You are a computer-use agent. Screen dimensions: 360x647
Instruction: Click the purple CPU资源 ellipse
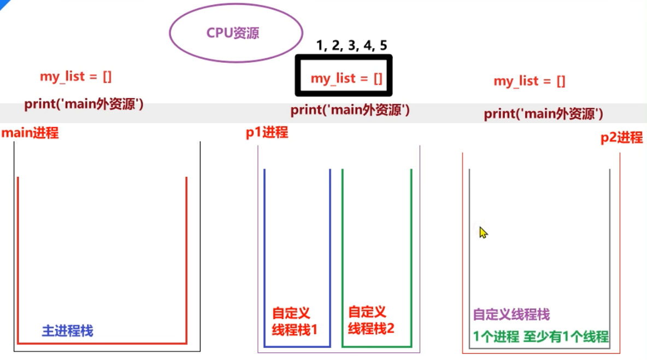click(x=236, y=33)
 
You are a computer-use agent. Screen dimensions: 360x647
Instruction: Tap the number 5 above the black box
click(x=383, y=45)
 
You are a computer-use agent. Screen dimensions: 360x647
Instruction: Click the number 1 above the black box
click(x=320, y=45)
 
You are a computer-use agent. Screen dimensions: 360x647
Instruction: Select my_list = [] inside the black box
click(x=346, y=78)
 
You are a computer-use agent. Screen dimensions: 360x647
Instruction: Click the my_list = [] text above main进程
click(x=75, y=76)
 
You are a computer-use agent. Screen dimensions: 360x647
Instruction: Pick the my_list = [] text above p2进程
click(x=529, y=81)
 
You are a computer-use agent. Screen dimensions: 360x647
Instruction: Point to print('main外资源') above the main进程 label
click(x=84, y=104)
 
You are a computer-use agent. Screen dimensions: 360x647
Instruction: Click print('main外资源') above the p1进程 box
click(x=350, y=110)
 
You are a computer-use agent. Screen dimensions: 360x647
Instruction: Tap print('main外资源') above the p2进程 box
click(x=543, y=114)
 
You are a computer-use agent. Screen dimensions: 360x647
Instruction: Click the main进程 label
click(x=30, y=133)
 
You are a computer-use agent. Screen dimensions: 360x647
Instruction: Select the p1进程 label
click(x=267, y=132)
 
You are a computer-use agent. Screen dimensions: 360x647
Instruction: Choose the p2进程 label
click(x=621, y=138)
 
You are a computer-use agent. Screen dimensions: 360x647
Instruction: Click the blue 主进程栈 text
click(x=67, y=331)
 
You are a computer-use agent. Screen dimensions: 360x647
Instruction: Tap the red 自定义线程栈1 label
click(x=294, y=321)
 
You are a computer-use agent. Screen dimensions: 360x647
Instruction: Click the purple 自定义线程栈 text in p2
click(x=511, y=315)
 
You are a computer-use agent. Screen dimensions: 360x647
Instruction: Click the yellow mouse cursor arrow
click(x=483, y=233)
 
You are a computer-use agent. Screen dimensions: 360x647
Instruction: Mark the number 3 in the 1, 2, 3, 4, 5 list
click(x=351, y=45)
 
